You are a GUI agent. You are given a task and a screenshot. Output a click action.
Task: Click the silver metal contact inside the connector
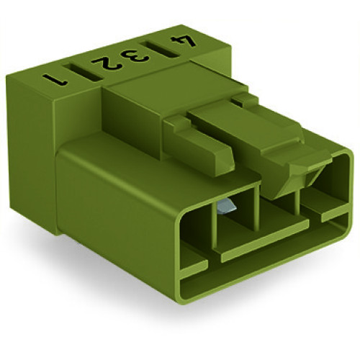pyautogui.click(x=225, y=207)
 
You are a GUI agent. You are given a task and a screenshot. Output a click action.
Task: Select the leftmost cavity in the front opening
pyautogui.click(x=194, y=216)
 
